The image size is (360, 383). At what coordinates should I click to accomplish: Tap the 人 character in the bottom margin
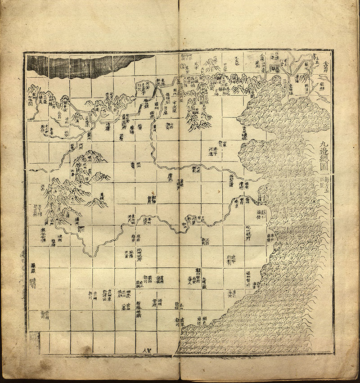click(144, 350)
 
